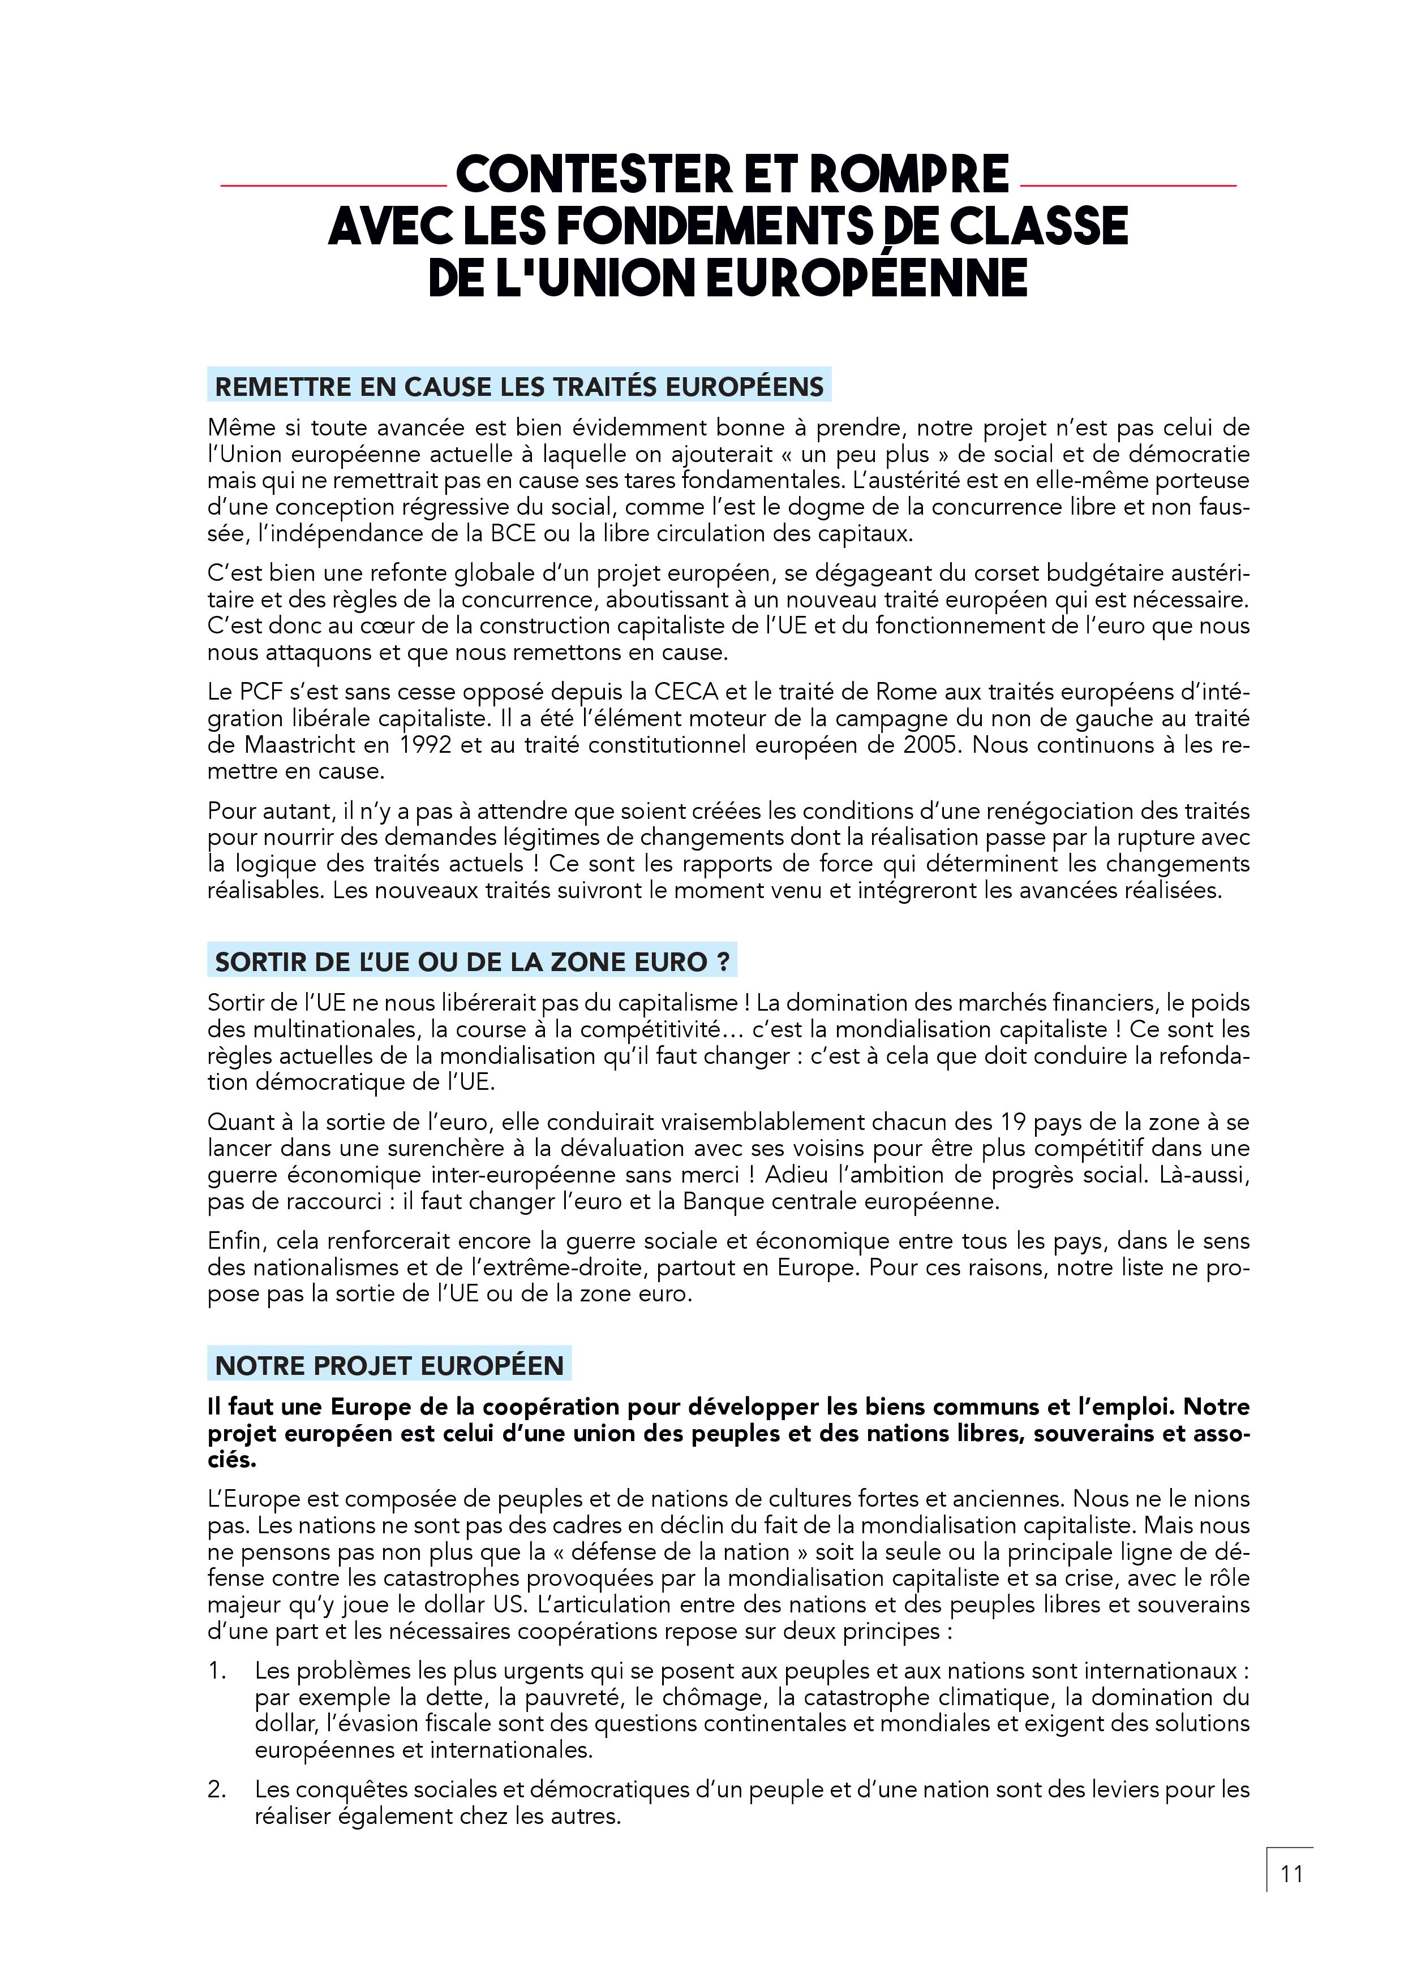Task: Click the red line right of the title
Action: point(1128,185)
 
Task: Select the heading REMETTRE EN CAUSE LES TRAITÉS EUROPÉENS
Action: point(519,386)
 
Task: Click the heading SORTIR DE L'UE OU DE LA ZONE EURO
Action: point(472,962)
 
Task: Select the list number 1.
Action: point(216,1670)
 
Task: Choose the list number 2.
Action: point(216,1789)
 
